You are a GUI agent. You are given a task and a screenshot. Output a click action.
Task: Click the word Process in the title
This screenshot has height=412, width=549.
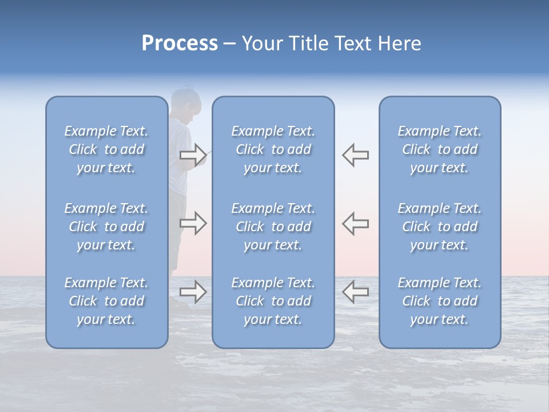(180, 43)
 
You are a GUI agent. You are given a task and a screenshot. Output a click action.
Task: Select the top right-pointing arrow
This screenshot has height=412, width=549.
(193, 154)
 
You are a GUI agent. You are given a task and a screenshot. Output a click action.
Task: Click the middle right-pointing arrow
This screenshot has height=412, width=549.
(193, 223)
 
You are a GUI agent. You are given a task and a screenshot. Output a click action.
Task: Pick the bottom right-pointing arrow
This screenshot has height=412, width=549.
(193, 292)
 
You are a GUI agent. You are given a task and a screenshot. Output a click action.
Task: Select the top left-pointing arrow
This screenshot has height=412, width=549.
(355, 154)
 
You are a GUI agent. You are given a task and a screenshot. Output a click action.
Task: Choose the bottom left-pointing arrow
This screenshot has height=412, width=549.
(355, 291)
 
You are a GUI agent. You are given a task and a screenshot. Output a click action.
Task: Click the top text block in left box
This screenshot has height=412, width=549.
(106, 149)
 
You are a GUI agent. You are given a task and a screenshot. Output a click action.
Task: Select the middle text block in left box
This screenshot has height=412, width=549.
(106, 227)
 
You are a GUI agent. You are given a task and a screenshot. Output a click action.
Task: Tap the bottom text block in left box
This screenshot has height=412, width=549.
(106, 301)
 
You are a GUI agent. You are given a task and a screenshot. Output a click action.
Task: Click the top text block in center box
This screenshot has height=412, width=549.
(273, 149)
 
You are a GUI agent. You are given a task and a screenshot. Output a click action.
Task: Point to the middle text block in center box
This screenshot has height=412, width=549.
(273, 227)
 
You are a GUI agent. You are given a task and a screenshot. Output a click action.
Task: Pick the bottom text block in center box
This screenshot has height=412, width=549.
(273, 301)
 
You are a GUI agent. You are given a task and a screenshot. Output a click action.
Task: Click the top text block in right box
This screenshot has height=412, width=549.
(439, 149)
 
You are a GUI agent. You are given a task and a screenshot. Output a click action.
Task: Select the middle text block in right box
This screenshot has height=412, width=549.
(439, 227)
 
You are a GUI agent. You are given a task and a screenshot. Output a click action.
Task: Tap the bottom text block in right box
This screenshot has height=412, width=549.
(439, 301)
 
